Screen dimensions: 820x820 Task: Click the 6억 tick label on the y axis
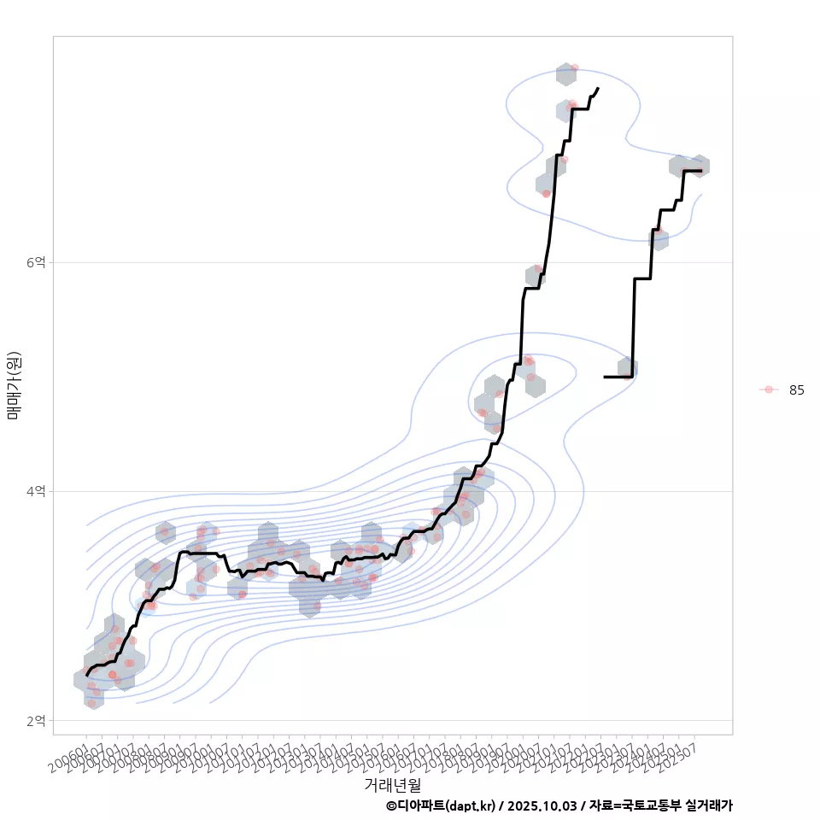pos(35,262)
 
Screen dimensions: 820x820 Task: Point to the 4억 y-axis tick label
pos(35,491)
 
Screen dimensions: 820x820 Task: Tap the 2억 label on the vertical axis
pos(35,720)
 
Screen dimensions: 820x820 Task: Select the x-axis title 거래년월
pos(393,784)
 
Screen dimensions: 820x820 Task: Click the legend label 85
pos(796,389)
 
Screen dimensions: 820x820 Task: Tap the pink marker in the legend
pos(769,389)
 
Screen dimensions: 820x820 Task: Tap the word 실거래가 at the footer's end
pos(710,805)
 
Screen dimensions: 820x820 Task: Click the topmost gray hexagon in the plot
pos(565,74)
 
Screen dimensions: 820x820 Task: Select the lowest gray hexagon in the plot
pos(94,698)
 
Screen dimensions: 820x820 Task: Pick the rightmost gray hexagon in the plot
pos(700,166)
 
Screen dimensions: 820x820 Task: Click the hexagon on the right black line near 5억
pos(628,368)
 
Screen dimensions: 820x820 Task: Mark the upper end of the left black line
pos(598,88)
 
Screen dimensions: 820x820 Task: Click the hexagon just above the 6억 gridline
pos(536,275)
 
